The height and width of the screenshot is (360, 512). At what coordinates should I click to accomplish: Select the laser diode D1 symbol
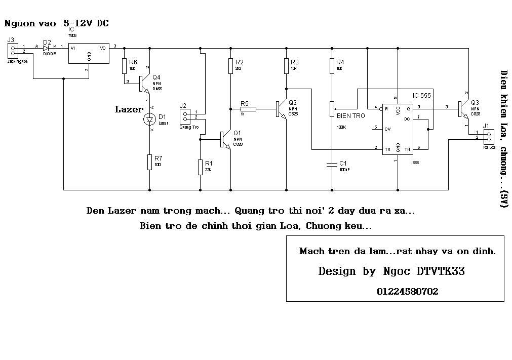[x=149, y=119]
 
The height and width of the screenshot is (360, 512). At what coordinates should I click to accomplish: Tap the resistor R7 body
[x=149, y=163]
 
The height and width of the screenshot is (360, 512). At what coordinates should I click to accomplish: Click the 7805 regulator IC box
[x=89, y=53]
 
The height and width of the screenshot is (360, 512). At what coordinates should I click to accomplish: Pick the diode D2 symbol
[x=46, y=48]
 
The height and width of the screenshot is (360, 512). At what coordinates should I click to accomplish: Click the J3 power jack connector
[x=13, y=50]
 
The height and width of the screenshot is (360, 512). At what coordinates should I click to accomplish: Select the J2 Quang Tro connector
[x=185, y=115]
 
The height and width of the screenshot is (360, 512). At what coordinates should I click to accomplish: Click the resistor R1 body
[x=201, y=167]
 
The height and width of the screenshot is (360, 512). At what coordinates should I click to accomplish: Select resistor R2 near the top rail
[x=231, y=66]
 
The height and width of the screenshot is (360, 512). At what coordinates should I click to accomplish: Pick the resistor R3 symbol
[x=287, y=66]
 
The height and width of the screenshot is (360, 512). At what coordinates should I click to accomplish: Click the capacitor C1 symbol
[x=332, y=164]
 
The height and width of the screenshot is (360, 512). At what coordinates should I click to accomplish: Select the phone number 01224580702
[x=407, y=292]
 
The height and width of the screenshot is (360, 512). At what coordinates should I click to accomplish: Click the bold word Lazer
[x=129, y=109]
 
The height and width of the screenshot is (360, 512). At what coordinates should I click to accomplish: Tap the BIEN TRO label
[x=350, y=116]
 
